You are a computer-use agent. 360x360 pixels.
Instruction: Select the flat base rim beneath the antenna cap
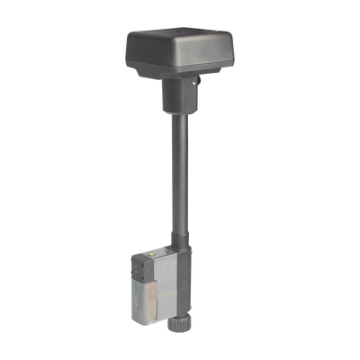[x=184, y=82]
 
